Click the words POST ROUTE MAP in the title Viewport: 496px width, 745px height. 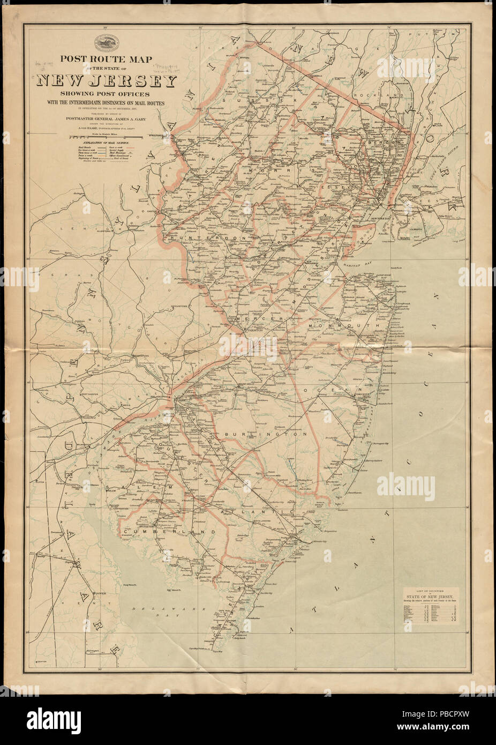[x=107, y=60]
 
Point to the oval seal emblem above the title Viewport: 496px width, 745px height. [x=107, y=42]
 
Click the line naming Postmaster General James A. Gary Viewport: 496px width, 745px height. [x=107, y=119]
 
